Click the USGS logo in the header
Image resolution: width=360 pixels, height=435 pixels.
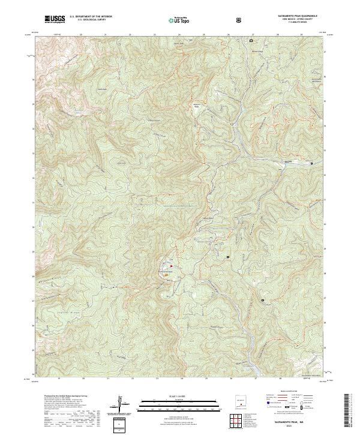tap(55, 19)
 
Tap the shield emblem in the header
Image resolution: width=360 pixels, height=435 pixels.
tap(240, 20)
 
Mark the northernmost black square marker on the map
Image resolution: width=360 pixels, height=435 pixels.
tap(251, 41)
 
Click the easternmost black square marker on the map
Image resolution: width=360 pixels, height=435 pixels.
tap(311, 163)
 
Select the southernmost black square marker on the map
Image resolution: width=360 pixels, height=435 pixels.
tap(262, 299)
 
